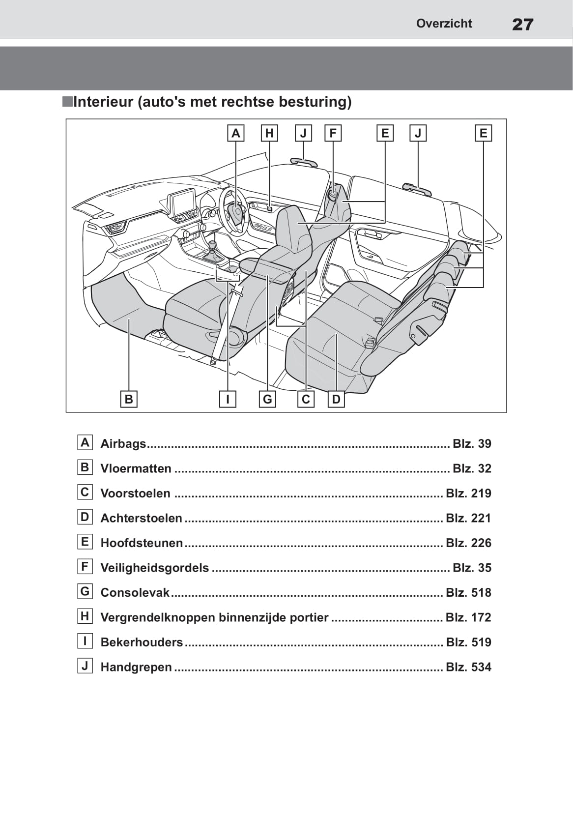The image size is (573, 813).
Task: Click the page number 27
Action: tap(522, 24)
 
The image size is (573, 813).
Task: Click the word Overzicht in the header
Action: tap(444, 24)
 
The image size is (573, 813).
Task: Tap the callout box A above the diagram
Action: tap(236, 133)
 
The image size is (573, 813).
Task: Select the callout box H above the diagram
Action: tap(269, 133)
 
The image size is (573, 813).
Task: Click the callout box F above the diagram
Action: tap(333, 133)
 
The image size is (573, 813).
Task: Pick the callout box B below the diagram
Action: tap(129, 399)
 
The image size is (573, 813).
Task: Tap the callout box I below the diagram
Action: tap(228, 399)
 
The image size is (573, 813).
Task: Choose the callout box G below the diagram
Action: tap(267, 399)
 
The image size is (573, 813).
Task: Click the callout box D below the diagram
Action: tap(336, 399)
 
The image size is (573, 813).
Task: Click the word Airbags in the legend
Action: tap(123, 444)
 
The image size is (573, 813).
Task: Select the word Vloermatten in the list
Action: tap(136, 468)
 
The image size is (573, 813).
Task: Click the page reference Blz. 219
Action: tap(468, 493)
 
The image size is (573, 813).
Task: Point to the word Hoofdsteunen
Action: tap(142, 543)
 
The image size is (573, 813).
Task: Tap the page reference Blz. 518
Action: tap(468, 592)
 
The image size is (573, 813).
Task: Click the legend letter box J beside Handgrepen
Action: tap(85, 666)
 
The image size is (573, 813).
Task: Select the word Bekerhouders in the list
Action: tap(142, 642)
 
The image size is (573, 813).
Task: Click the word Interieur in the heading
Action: tap(103, 102)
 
